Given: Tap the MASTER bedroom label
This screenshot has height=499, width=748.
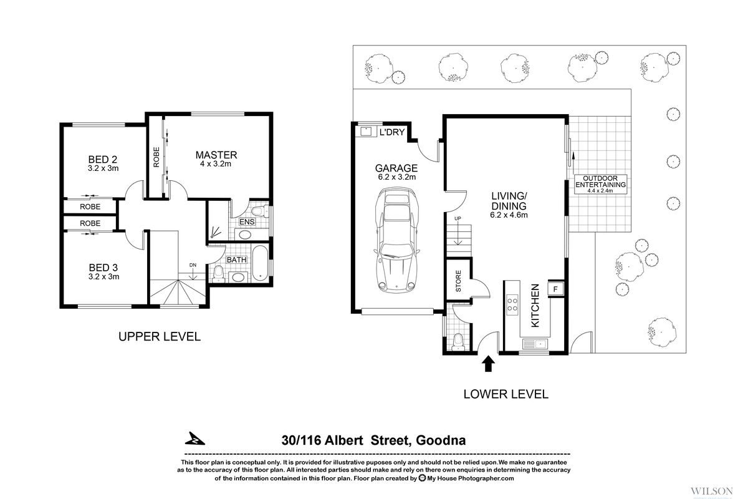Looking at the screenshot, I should tap(216, 155).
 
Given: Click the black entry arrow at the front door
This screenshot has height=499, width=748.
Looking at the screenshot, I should tap(488, 363).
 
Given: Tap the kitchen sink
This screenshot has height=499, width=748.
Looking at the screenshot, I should tap(533, 344).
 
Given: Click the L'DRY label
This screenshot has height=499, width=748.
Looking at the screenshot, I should tap(393, 132).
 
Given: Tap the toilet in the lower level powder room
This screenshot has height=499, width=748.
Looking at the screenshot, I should tap(459, 339).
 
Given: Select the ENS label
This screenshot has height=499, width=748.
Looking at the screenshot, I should tap(246, 221).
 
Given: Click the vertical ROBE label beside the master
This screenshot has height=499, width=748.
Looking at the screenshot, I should tap(155, 157).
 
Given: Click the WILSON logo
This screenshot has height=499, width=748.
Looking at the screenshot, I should tap(707, 485).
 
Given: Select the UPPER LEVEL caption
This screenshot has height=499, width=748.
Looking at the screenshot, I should tap(160, 337).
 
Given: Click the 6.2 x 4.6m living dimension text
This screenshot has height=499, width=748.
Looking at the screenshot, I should tap(509, 216).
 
